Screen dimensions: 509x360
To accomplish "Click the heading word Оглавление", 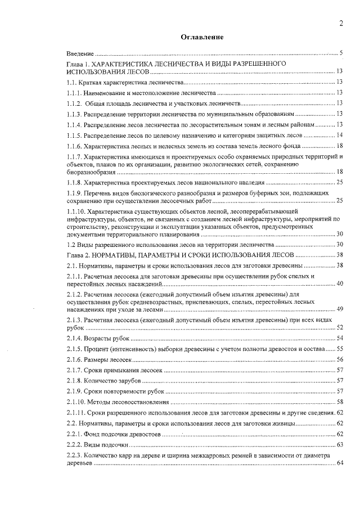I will [x=202, y=37].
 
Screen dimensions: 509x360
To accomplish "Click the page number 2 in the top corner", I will [x=341, y=23].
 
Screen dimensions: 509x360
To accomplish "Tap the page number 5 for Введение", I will [x=341, y=53].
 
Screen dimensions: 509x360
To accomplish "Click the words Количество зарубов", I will [x=111, y=381].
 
